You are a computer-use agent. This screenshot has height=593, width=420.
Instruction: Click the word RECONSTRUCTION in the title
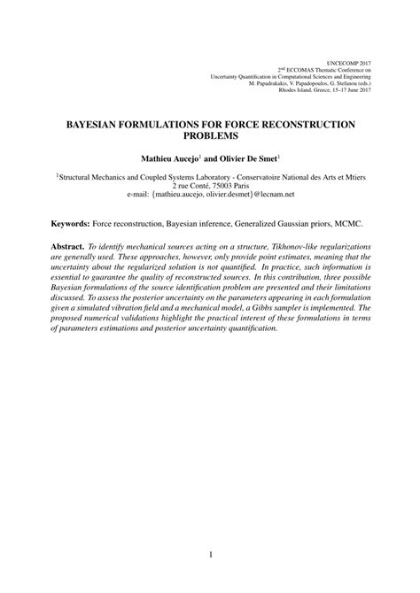coord(299,125)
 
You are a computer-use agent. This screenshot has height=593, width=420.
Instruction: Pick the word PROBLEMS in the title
coord(209,137)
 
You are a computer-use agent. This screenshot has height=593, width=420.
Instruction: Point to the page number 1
coord(210,555)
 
